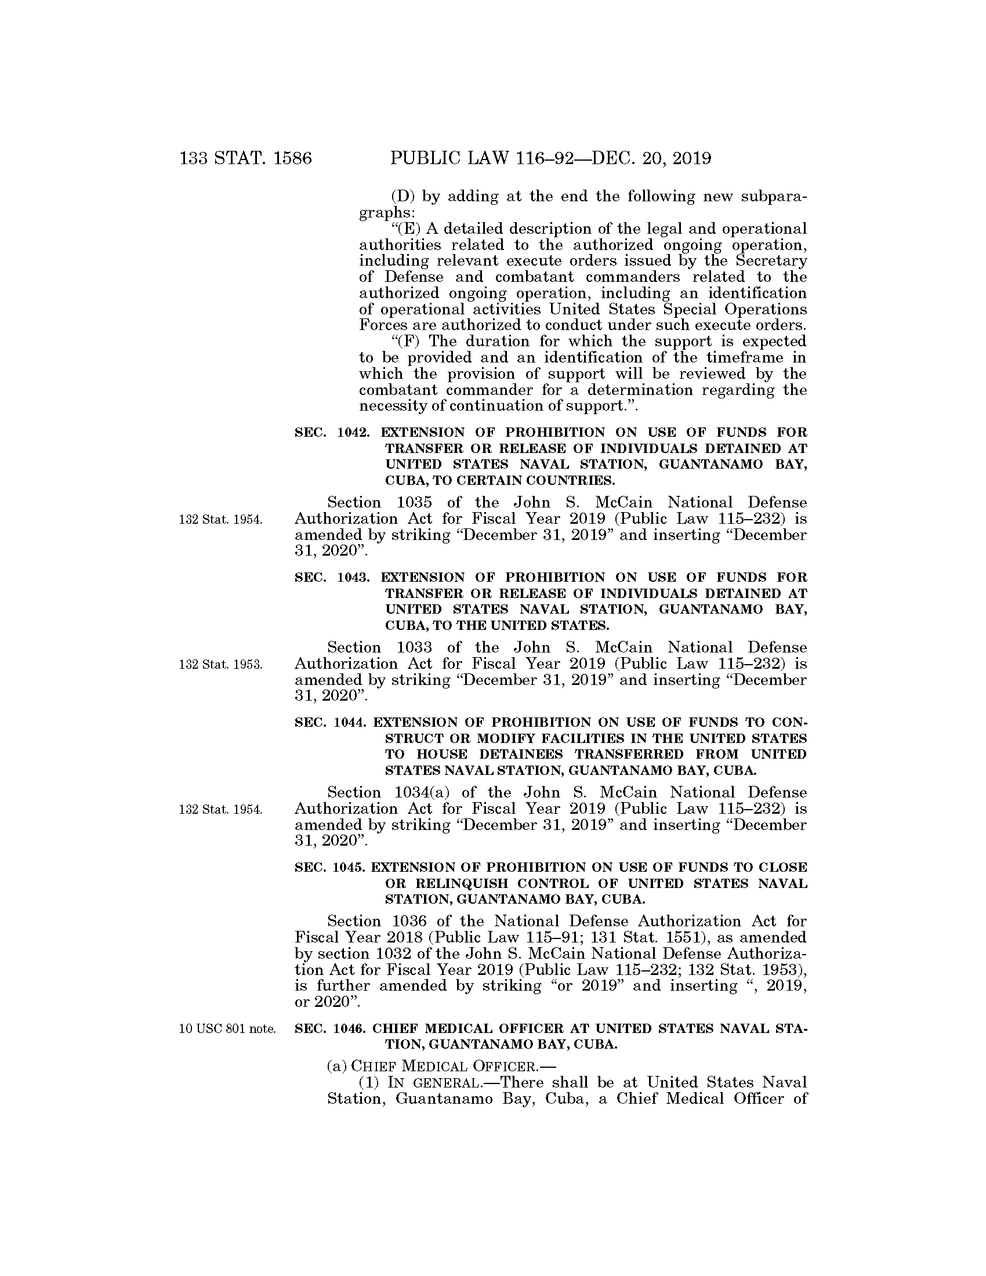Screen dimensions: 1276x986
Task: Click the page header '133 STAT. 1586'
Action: [245, 158]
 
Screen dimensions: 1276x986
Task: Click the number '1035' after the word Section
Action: [414, 503]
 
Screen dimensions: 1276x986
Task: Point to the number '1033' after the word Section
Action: [414, 648]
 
